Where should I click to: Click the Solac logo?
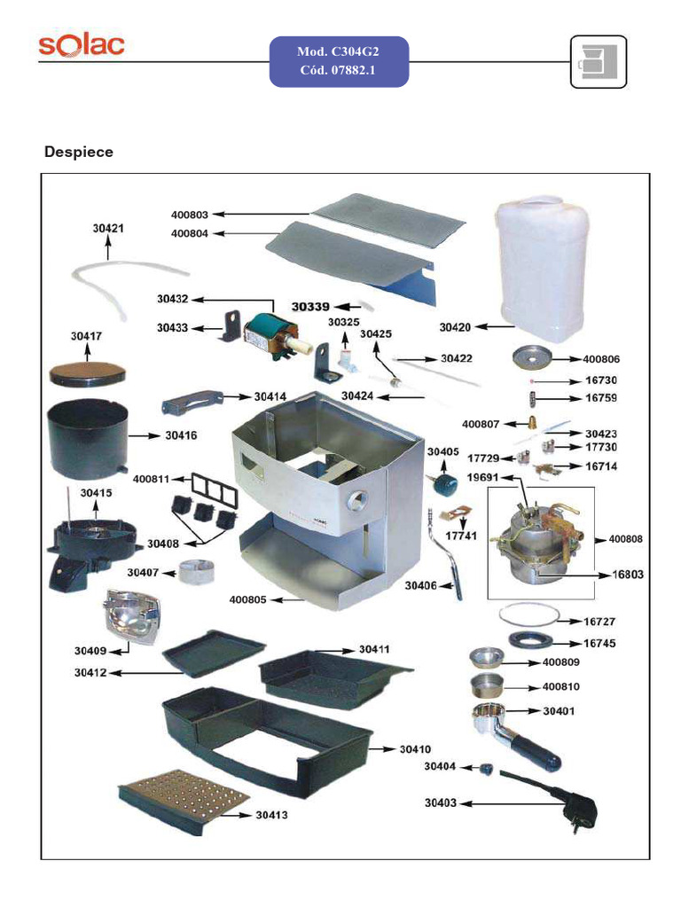(x=81, y=46)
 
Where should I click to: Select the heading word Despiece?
(x=79, y=152)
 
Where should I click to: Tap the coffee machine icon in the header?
(x=598, y=62)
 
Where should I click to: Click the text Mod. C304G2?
(x=339, y=53)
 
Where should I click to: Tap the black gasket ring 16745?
(x=532, y=641)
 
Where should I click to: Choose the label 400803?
(x=189, y=214)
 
